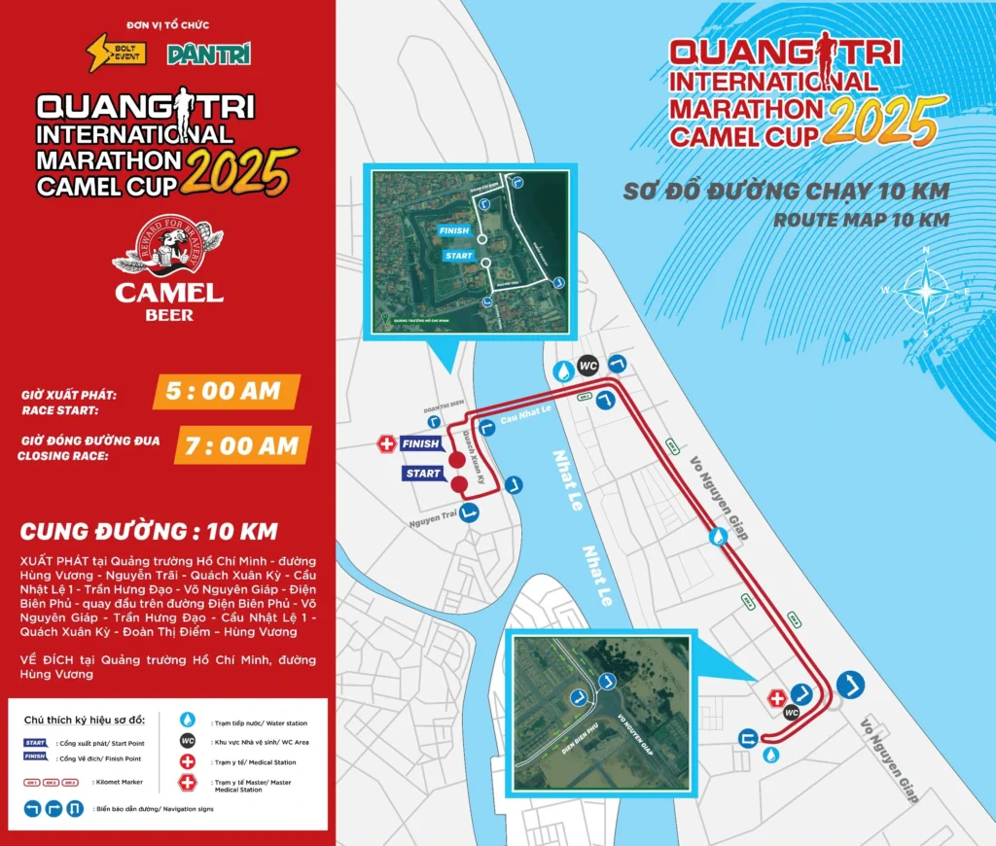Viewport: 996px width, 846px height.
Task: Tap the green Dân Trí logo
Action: click(208, 53)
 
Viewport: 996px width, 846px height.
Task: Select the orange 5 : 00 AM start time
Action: click(224, 392)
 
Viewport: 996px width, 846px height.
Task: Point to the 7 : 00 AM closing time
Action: click(243, 445)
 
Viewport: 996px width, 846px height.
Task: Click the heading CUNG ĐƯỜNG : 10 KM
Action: click(149, 532)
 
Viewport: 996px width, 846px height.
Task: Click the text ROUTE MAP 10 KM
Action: click(860, 221)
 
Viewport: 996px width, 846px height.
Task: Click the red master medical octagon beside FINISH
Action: click(387, 444)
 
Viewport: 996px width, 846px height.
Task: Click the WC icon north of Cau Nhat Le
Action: click(587, 366)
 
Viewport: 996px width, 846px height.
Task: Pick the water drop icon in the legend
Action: click(188, 720)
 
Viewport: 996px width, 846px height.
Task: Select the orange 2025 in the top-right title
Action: click(887, 122)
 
